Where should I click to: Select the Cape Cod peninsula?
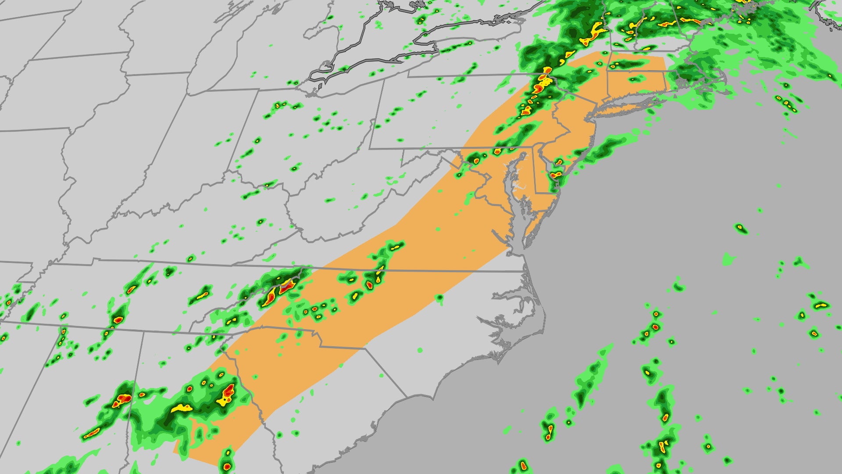(x=719, y=79)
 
